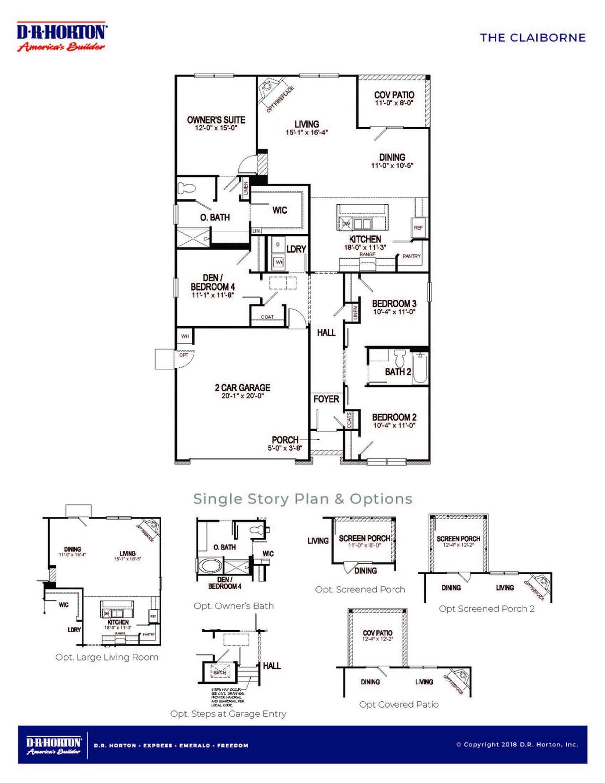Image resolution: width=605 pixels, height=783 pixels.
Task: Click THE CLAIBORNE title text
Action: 533,38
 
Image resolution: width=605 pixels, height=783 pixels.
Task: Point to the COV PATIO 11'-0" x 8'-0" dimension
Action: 394,103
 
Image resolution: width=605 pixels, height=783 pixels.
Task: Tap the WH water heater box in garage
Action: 185,336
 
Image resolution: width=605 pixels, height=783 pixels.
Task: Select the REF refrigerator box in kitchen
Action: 418,227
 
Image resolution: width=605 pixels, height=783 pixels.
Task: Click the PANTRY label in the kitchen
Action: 411,256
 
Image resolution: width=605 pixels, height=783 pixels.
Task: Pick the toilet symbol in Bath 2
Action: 400,358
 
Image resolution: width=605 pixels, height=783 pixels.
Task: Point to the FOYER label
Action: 326,399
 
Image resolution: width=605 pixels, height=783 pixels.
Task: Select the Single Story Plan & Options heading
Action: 302,499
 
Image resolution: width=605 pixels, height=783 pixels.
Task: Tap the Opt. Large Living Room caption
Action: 107,657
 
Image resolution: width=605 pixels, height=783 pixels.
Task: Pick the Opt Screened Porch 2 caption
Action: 487,609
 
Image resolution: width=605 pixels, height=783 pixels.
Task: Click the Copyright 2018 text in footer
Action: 517,744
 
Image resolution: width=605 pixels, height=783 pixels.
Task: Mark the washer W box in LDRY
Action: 279,261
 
